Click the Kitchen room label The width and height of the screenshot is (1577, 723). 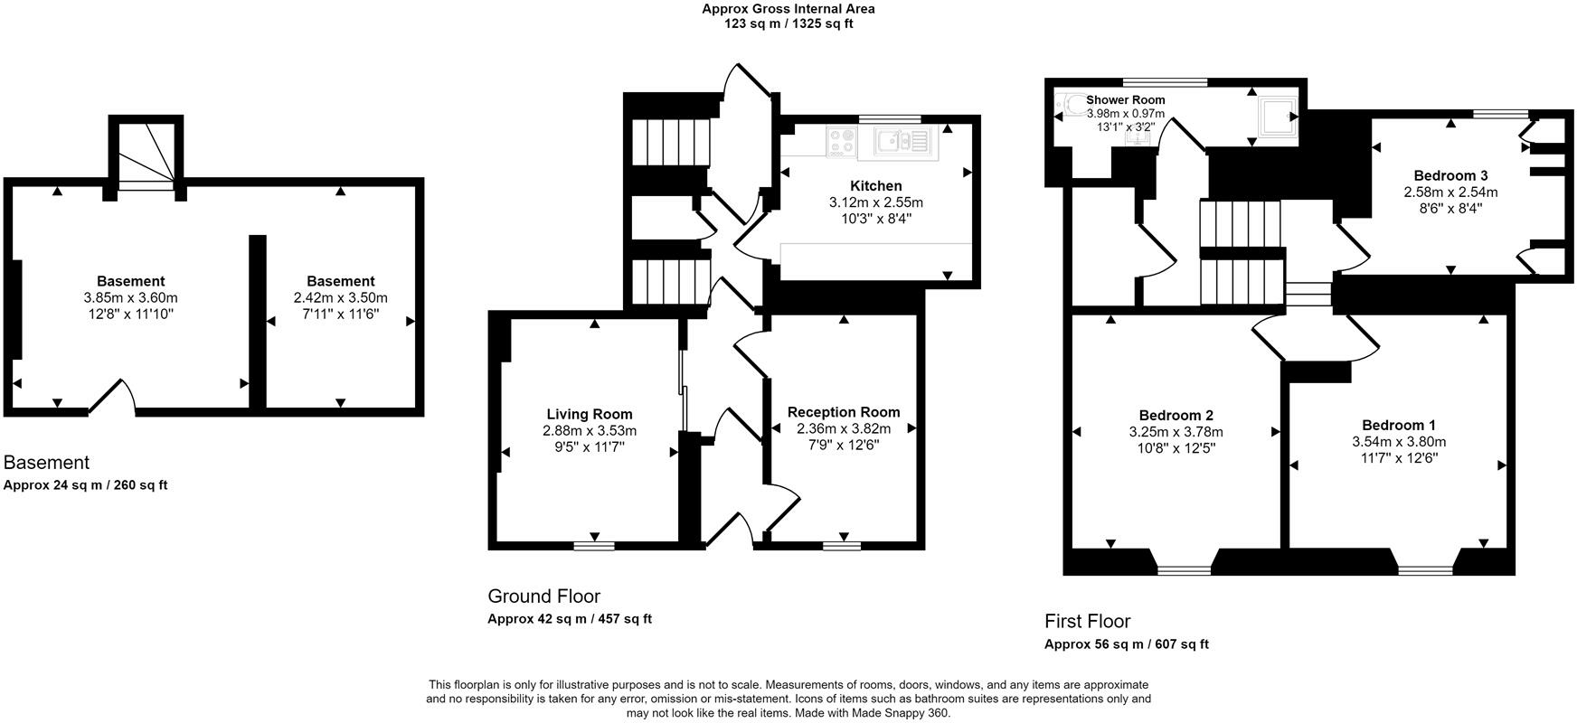click(x=875, y=186)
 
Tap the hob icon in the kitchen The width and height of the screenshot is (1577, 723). click(x=843, y=140)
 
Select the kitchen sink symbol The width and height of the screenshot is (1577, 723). click(x=901, y=140)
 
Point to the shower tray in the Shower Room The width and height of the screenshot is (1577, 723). click(x=1280, y=117)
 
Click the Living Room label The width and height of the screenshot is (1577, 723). click(x=590, y=415)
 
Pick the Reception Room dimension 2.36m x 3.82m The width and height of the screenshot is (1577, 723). click(x=844, y=428)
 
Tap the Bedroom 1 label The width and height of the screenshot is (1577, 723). click(x=1399, y=426)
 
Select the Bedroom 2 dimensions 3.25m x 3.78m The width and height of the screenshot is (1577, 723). click(x=1176, y=432)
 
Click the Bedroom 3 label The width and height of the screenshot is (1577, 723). click(x=1450, y=175)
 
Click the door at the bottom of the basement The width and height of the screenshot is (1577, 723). click(x=112, y=398)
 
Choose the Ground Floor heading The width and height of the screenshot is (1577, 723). click(x=543, y=596)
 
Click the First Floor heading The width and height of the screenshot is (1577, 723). click(x=1087, y=622)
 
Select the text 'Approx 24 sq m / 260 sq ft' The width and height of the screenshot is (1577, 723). click(x=86, y=485)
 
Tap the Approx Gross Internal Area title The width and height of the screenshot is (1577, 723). click(x=788, y=9)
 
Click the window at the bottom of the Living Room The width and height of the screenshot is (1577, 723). click(x=594, y=546)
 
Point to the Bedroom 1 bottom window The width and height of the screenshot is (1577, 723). click(x=1425, y=570)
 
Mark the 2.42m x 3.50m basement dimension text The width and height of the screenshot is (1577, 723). click(x=340, y=297)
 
